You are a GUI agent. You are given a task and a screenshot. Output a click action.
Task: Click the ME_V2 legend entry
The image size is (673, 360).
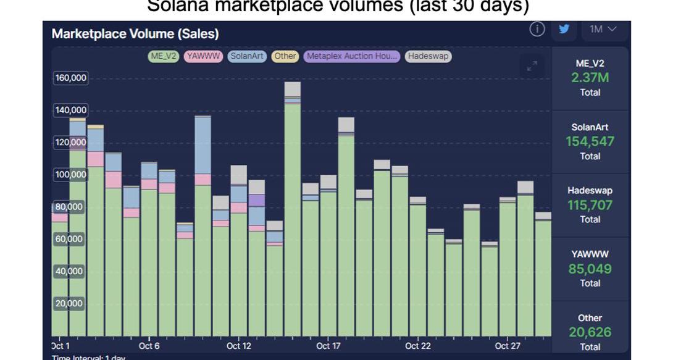point(164,56)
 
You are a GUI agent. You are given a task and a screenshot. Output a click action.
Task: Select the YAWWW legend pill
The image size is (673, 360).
point(204,56)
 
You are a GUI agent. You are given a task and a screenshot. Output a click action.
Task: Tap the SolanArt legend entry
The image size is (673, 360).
point(247,56)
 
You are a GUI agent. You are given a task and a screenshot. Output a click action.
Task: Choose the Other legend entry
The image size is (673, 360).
point(285,56)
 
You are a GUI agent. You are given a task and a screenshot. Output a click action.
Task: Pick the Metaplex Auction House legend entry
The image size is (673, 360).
point(352,56)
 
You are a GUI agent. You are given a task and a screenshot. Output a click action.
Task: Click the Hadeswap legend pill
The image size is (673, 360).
point(428,56)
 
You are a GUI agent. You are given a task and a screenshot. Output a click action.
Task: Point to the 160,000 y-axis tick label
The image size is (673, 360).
point(71,78)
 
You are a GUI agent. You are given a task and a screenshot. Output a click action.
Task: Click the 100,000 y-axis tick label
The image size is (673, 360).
point(71,174)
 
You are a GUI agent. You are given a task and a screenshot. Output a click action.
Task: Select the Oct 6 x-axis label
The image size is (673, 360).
point(149,346)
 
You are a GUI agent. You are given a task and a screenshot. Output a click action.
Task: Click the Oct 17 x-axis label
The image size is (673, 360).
point(328,346)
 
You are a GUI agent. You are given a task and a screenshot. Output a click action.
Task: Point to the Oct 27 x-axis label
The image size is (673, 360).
point(508,346)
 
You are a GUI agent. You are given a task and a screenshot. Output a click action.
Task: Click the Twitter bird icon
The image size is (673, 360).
point(563,29)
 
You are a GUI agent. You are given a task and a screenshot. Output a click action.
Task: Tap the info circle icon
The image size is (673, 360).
point(537,29)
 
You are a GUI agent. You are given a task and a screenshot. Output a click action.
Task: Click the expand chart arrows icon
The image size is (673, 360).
point(532,66)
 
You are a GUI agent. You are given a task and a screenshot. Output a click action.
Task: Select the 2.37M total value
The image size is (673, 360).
point(590,78)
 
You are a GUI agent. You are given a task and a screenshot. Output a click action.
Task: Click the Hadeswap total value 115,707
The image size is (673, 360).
point(590,205)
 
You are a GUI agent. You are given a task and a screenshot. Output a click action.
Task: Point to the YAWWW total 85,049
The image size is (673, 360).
point(590,269)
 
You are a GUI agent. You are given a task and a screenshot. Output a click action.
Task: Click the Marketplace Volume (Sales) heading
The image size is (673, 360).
point(135,34)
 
